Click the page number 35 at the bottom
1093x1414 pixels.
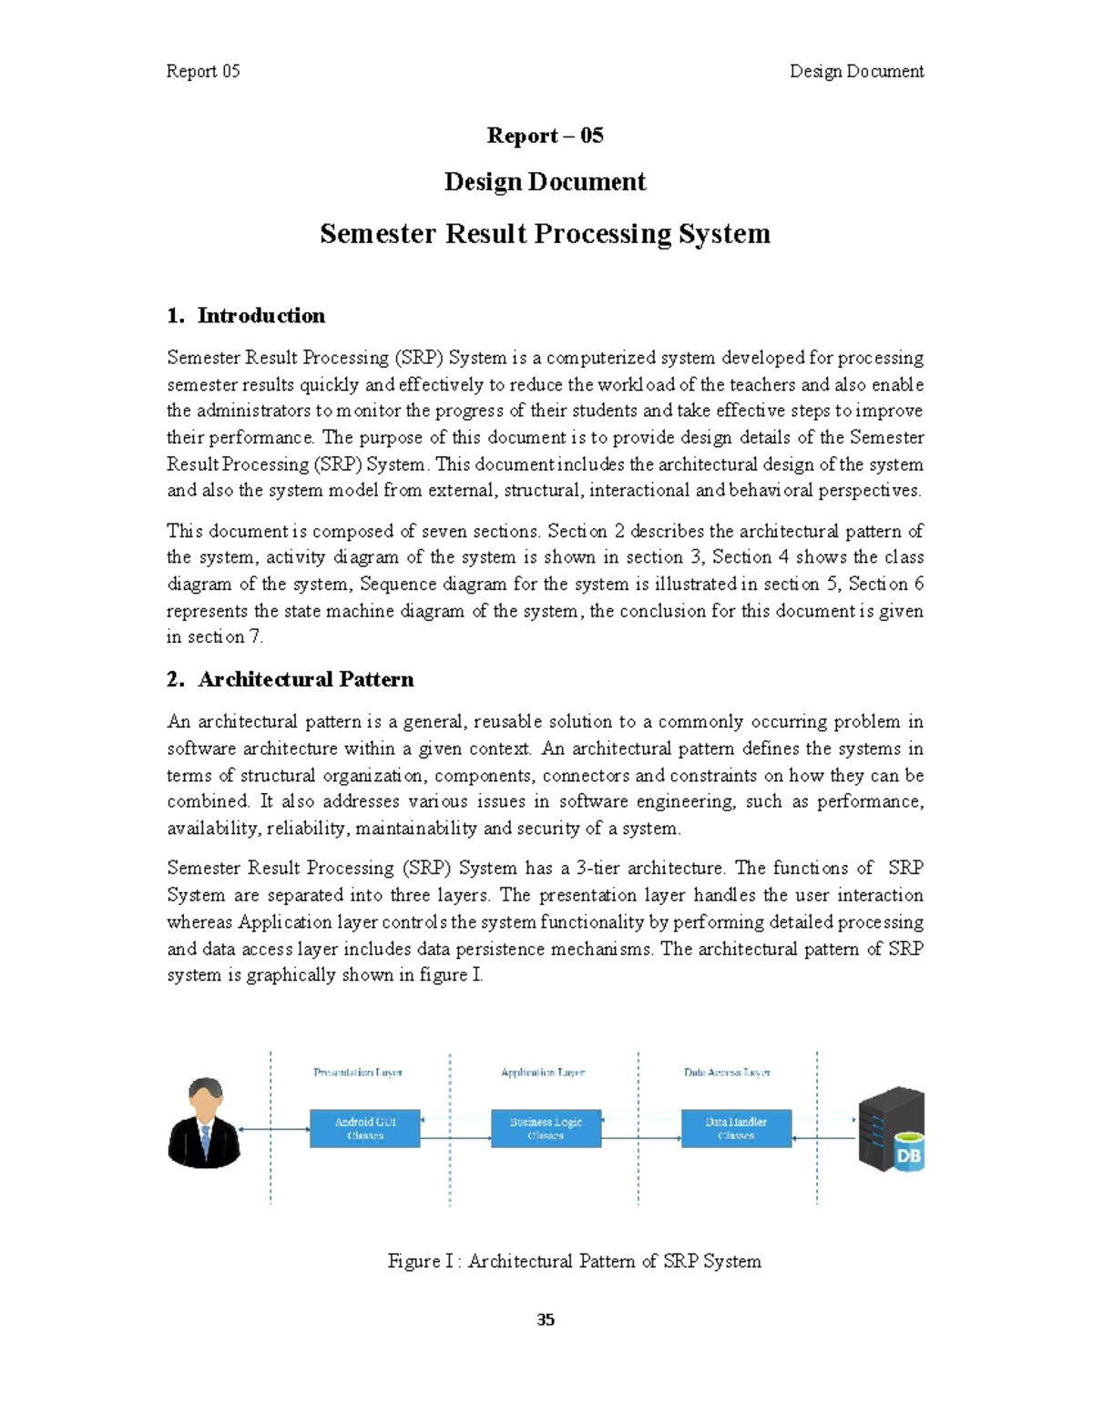point(546,1319)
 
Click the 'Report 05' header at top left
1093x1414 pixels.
point(203,71)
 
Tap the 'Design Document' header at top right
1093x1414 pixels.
point(856,71)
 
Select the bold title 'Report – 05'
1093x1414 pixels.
point(545,136)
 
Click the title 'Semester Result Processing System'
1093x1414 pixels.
point(545,234)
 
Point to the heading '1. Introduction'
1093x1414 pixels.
point(246,316)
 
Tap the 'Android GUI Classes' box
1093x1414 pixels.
point(365,1128)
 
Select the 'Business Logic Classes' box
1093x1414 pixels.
point(546,1128)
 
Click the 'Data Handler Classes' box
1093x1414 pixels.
point(736,1128)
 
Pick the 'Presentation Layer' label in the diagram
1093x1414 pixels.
point(358,1073)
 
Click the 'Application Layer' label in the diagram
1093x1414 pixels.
point(543,1073)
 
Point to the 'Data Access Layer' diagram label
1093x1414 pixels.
point(727,1073)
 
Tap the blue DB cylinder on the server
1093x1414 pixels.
point(908,1153)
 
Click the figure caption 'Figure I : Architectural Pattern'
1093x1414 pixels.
point(574,1261)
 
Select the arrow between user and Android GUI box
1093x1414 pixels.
point(274,1130)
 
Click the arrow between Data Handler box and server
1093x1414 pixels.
point(824,1138)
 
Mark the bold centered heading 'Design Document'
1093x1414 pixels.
point(545,182)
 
